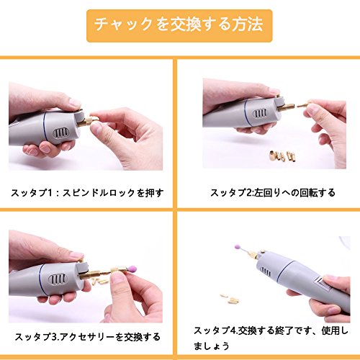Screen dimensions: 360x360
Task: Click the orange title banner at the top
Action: (179, 26)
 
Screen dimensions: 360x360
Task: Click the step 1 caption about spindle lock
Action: (87, 193)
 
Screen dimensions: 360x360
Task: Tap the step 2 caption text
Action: (272, 193)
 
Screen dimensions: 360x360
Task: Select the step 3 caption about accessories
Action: (87, 337)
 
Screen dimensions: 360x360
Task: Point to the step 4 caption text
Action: (271, 338)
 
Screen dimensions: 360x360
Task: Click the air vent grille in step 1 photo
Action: (61, 133)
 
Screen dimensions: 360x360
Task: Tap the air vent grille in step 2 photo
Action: (260, 114)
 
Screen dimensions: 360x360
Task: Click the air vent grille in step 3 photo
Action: (57, 279)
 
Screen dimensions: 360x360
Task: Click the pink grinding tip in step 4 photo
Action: (238, 247)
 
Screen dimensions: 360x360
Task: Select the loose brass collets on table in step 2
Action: (283, 156)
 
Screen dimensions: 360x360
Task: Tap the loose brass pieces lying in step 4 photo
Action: (230, 298)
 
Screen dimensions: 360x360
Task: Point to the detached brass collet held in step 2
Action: (303, 104)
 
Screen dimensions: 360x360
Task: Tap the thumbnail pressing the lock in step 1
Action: (75, 104)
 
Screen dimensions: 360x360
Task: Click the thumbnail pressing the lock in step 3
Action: (76, 256)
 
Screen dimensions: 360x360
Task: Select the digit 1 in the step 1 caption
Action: (50, 193)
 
